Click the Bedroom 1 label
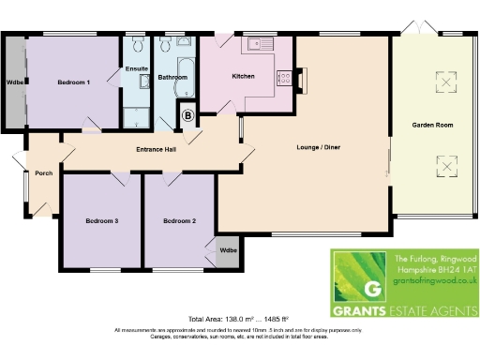pyautogui.click(x=73, y=82)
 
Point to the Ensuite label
pyautogui.click(x=136, y=68)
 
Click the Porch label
pyautogui.click(x=43, y=172)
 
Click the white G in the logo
pyautogui.click(x=371, y=289)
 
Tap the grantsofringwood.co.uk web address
pyautogui.click(x=430, y=279)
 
